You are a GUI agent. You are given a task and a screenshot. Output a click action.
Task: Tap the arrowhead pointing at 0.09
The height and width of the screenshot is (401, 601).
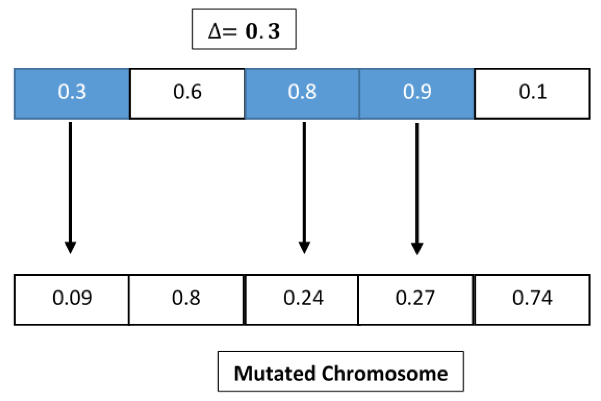tap(70, 247)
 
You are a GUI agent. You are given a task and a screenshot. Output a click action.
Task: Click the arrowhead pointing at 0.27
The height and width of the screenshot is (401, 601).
tap(417, 248)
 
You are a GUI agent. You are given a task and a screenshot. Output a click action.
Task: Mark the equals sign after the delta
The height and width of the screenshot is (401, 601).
tap(229, 31)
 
